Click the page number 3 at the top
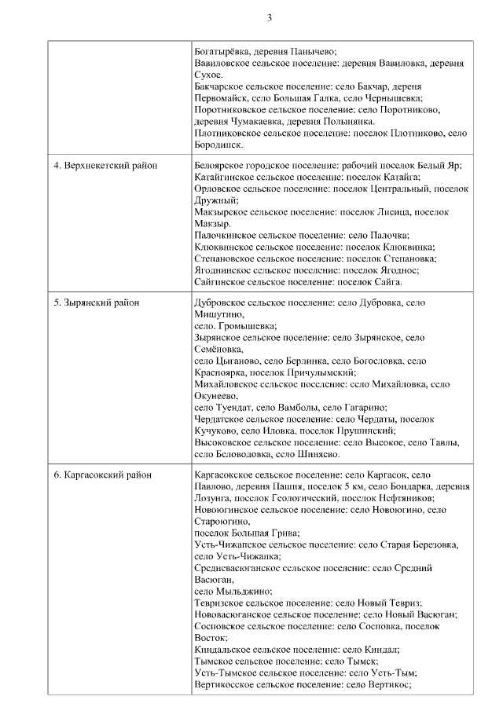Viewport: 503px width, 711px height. tap(270, 17)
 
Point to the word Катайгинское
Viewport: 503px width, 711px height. tap(226, 178)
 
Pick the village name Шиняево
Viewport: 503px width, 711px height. tap(318, 454)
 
